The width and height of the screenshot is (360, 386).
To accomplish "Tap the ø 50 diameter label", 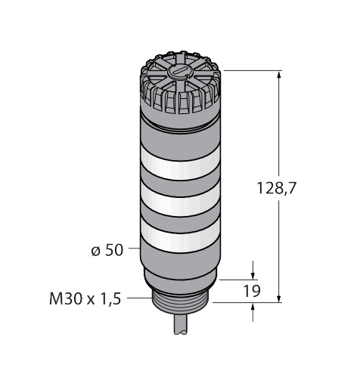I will (107, 250).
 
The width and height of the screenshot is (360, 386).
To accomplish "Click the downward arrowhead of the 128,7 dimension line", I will (281, 295).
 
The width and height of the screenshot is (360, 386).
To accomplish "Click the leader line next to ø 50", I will (132, 248).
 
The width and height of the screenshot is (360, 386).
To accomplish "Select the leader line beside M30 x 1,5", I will (136, 298).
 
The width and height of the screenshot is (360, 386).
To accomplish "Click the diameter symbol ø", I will (95, 250).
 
